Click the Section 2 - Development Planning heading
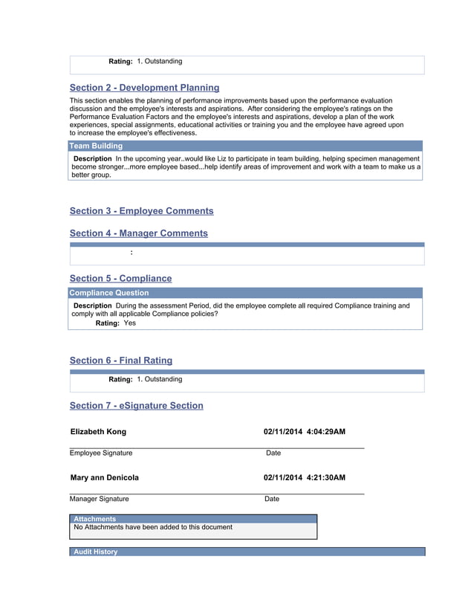point(144,88)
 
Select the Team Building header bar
point(245,146)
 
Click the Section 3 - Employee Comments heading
point(141,211)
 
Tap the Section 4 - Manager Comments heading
point(138,233)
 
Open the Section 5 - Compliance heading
point(120,279)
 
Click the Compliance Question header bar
point(245,293)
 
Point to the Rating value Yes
point(130,323)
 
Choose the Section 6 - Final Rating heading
point(120,361)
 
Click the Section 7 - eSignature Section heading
point(136,406)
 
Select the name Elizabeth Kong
point(98,432)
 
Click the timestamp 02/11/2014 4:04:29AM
point(304,432)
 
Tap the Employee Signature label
point(101,453)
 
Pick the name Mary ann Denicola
point(104,478)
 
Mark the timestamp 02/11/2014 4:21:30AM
point(304,478)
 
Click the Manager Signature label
point(100,499)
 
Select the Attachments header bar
point(193,519)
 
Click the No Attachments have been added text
point(153,527)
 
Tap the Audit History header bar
point(247,552)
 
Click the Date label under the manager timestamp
point(272,499)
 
